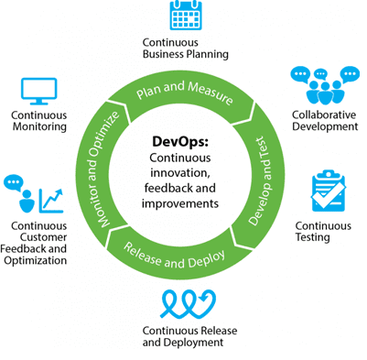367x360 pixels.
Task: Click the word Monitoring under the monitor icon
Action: point(38,127)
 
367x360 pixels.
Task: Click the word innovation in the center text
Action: point(182,174)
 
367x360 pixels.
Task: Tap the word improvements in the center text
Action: point(182,202)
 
